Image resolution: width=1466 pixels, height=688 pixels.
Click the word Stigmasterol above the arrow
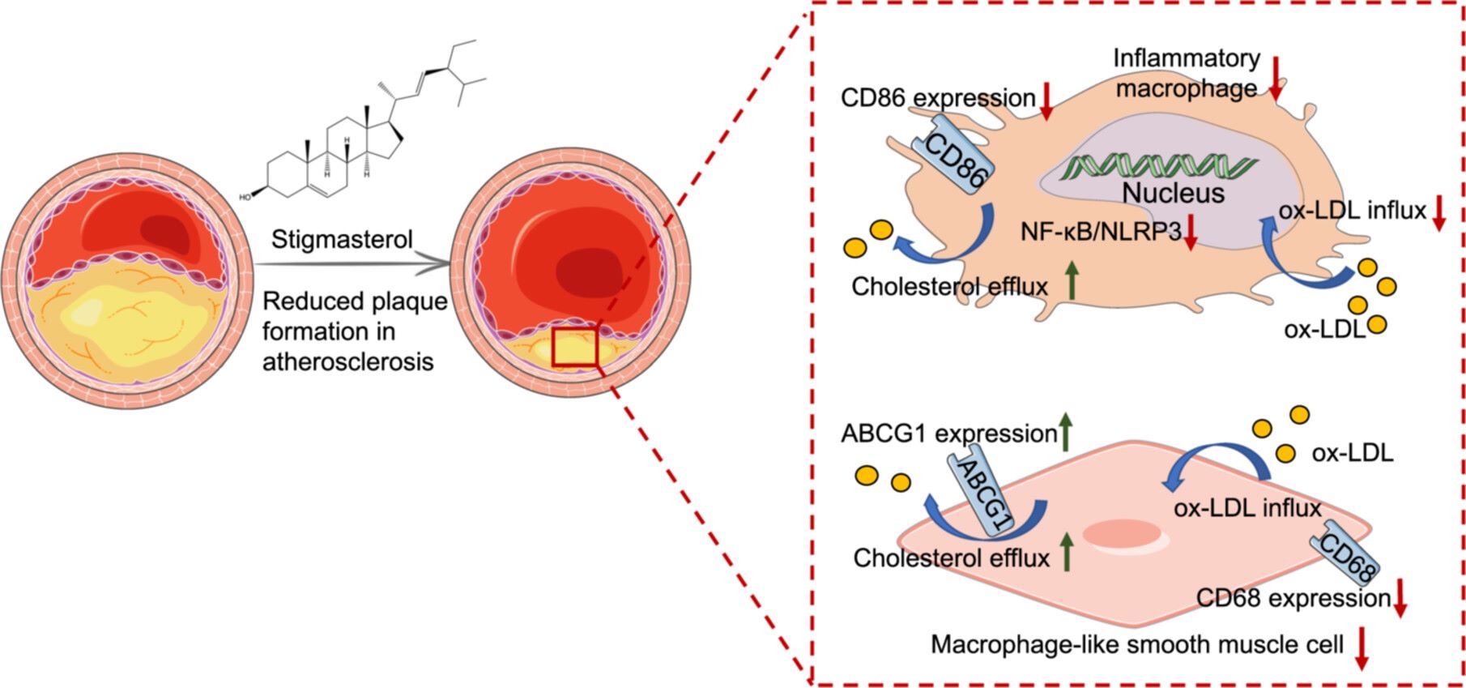(342, 240)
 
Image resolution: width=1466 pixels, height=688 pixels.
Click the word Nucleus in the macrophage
(1174, 194)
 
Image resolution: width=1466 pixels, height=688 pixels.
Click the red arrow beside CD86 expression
(1046, 100)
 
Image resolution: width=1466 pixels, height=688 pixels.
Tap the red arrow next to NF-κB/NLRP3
(1190, 233)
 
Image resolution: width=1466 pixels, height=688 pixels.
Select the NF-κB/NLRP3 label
(1100, 232)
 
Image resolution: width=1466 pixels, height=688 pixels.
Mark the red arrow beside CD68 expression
(1400, 599)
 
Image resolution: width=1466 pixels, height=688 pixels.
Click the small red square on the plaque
(574, 347)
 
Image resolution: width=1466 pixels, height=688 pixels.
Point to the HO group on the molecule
(244, 197)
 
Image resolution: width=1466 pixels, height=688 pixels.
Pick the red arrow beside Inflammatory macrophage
(1276, 79)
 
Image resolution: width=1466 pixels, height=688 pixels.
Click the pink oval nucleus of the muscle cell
(1122, 534)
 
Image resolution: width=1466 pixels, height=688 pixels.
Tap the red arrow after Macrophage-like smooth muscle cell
(1362, 647)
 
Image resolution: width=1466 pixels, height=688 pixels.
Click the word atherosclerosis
(347, 361)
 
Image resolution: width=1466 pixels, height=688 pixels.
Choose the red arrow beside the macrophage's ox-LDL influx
(1438, 213)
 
